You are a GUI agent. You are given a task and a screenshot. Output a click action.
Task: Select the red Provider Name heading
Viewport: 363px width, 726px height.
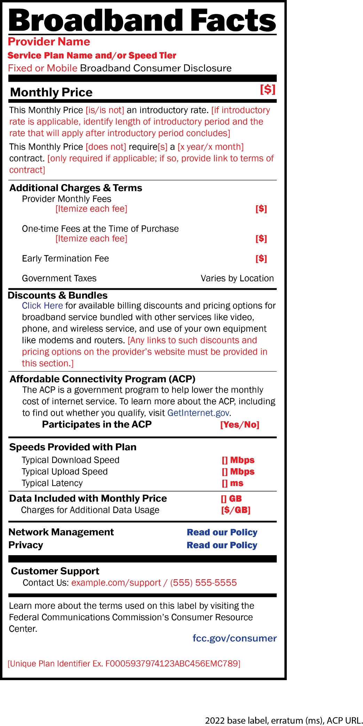(49, 42)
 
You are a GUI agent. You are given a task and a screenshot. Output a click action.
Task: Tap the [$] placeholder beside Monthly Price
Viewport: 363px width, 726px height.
(268, 89)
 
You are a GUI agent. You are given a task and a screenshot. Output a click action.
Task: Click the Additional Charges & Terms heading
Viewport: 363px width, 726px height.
(76, 188)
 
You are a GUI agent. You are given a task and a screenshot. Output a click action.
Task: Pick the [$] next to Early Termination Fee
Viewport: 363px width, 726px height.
(261, 258)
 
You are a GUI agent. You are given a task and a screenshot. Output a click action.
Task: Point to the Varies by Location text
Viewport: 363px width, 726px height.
(237, 278)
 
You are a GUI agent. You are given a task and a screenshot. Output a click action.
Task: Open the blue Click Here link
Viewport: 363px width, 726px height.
(42, 305)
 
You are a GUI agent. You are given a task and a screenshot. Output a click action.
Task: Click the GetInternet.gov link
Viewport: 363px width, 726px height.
(198, 413)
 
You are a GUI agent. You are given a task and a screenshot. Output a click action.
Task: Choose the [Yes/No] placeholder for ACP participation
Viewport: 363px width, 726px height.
(240, 424)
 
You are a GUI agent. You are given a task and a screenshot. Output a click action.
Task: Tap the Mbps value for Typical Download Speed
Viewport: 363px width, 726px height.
(238, 460)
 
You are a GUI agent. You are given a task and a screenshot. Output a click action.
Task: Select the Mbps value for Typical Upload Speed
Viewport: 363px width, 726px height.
(238, 471)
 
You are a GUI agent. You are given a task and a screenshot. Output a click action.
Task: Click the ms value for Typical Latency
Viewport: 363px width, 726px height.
(232, 483)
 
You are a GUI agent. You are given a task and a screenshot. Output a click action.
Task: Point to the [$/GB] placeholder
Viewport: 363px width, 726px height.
(236, 510)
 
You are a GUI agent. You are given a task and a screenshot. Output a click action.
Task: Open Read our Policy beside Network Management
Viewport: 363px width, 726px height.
(222, 532)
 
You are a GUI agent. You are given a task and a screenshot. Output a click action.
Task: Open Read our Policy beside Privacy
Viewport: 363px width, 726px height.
(222, 545)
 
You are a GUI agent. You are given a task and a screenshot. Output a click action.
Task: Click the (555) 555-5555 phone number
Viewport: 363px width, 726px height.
(203, 583)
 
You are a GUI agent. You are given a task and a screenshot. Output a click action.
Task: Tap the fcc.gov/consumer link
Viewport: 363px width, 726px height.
(235, 638)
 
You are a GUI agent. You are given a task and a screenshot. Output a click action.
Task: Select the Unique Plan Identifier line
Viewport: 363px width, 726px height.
(124, 663)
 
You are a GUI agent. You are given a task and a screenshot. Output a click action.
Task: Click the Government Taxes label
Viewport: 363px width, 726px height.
(59, 278)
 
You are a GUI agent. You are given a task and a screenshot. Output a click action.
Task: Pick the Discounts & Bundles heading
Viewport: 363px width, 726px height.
(58, 295)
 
